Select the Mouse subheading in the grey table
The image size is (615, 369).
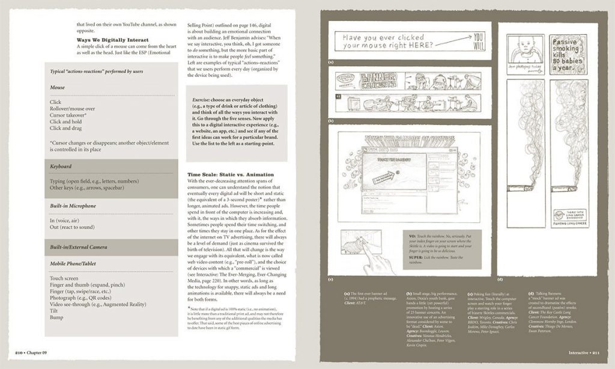click(58, 87)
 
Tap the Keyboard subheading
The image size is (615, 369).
click(61, 166)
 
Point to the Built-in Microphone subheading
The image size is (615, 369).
click(73, 206)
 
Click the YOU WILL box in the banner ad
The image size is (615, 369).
click(477, 40)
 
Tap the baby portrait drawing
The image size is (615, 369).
click(525, 48)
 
